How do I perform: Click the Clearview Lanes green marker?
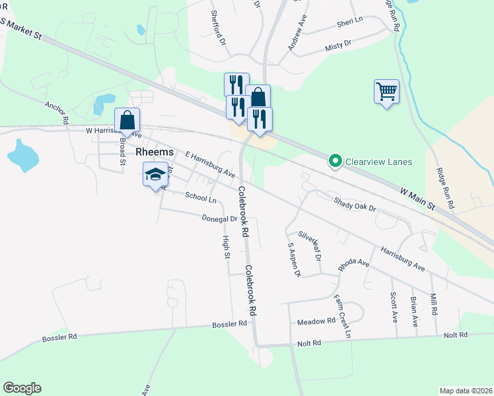335,161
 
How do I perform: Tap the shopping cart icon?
386,91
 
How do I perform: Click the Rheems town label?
155,152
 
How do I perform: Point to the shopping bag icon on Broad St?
127,120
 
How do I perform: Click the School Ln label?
201,197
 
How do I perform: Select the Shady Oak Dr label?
355,205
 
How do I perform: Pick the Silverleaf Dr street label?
308,244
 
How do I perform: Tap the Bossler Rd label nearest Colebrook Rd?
229,324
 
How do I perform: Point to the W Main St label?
417,197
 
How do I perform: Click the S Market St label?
21,30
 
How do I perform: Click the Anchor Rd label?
57,113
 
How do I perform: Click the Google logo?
22,388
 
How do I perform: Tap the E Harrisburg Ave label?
211,165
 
